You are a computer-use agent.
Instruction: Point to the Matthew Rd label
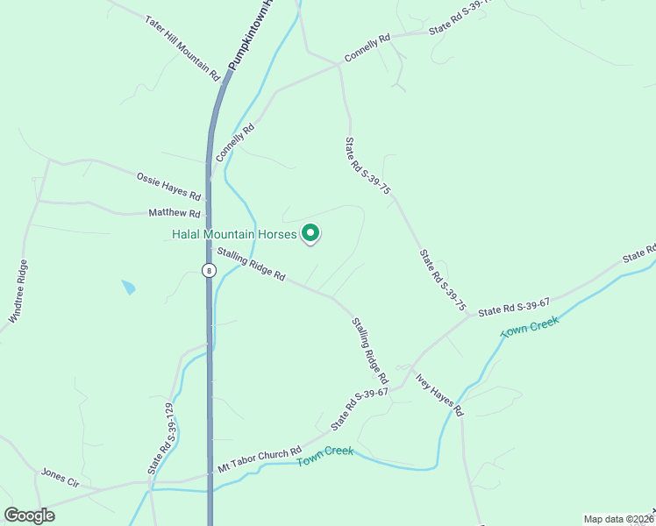coord(175,213)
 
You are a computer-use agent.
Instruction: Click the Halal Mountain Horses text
coord(233,233)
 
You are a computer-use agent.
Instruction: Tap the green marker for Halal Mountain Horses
coord(310,233)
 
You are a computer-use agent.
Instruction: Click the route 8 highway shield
coord(208,270)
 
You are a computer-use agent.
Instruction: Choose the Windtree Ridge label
coord(18,292)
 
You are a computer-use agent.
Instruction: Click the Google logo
coord(29,515)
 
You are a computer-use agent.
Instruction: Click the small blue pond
coord(128,287)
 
